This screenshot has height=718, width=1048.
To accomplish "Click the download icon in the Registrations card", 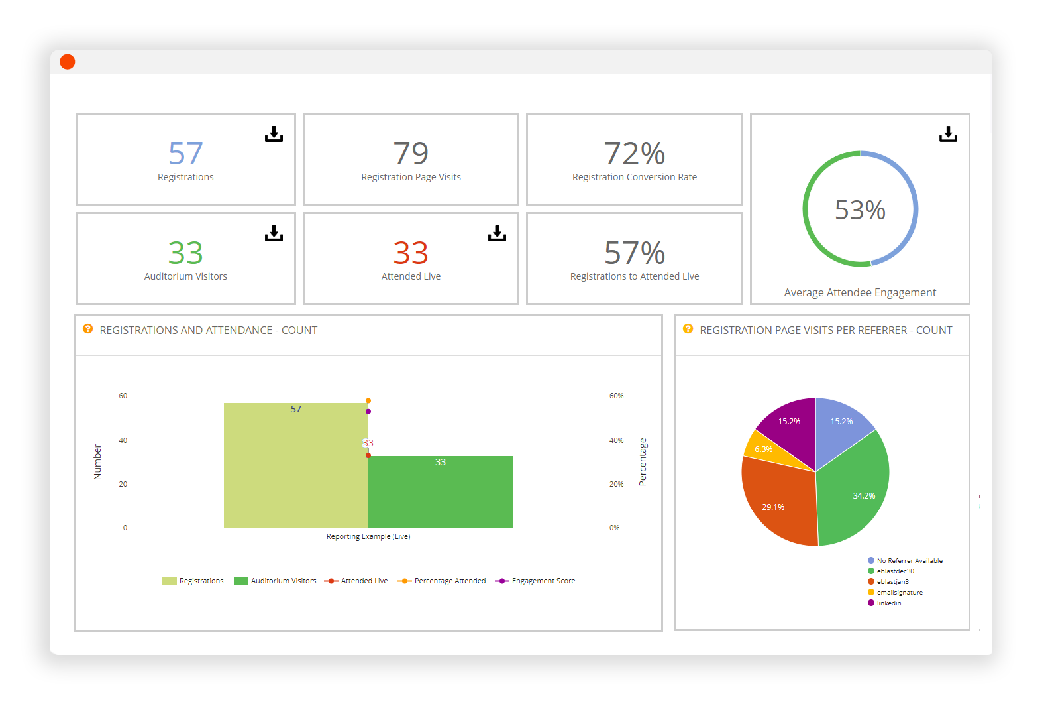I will [x=274, y=134].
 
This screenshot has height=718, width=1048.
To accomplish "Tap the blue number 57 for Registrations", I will [x=185, y=154].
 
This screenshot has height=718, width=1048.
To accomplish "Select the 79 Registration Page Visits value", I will [x=411, y=154].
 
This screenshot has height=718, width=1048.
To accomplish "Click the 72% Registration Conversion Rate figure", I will [x=634, y=154].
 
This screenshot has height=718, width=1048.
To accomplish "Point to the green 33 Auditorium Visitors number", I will [x=185, y=253].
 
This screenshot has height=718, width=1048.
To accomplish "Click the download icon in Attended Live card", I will [x=497, y=233].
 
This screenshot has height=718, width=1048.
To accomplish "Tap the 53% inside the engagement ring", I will [x=860, y=210].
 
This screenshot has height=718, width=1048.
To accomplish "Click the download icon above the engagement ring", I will [x=948, y=134].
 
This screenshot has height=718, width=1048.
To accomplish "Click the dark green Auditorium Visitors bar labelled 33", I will [x=440, y=494].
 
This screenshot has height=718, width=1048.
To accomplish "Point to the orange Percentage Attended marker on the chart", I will [x=368, y=400].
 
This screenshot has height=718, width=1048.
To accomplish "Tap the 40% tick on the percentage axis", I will [x=616, y=440].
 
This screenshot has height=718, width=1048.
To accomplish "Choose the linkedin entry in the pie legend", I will [x=888, y=603].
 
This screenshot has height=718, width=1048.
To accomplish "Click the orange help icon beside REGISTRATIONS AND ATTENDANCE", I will [x=87, y=329].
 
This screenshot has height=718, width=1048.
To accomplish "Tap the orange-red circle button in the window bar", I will [x=68, y=62].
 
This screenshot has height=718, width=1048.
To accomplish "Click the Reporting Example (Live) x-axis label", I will [x=368, y=536].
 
